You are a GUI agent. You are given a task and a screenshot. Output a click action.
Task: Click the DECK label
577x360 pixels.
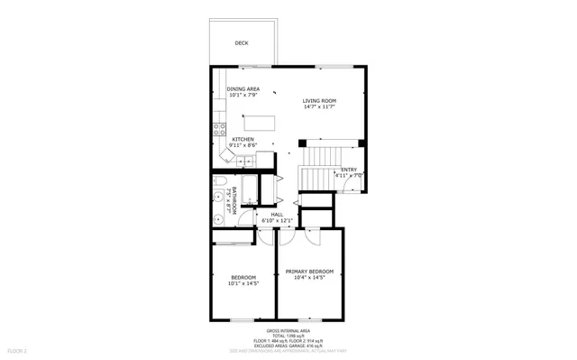(242, 42)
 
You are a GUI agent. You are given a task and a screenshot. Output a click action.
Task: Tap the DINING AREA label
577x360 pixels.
(243, 88)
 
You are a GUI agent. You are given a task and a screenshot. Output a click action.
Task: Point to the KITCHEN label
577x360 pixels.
(243, 139)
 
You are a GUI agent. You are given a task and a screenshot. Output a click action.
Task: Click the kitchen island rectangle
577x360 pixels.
(261, 123)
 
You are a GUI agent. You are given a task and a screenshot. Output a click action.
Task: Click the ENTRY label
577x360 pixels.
(349, 170)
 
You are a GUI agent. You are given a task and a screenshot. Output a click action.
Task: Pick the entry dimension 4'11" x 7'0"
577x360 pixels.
(349, 176)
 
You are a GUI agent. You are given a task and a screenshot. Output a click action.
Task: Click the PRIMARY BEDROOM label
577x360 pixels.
(309, 272)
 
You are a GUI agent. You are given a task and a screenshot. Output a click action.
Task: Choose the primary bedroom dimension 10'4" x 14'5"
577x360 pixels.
(309, 278)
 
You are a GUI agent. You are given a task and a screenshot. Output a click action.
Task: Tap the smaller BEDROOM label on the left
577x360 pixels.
(243, 277)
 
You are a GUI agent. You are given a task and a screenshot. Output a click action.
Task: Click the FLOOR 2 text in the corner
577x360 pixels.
(18, 350)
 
